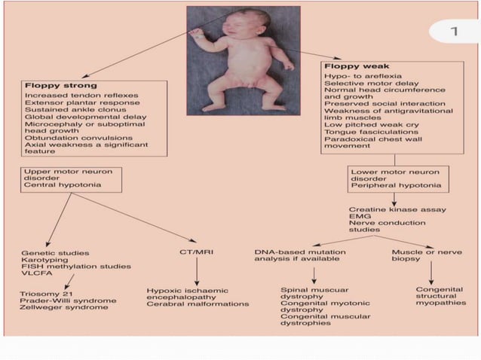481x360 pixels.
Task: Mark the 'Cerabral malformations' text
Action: coord(198,304)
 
